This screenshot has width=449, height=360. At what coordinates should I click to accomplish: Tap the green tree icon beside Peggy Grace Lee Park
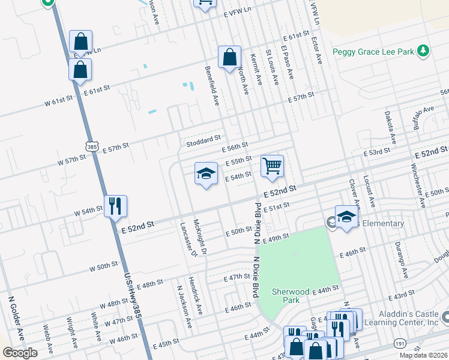(424, 51)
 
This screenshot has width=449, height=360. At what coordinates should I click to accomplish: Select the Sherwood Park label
(290, 296)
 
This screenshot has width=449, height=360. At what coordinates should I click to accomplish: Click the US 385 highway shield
(91, 146)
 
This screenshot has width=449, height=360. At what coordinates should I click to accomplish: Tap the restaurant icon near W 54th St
(115, 206)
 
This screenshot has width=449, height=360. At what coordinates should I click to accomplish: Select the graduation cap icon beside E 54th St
(206, 174)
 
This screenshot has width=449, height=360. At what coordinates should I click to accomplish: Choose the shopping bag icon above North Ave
(229, 58)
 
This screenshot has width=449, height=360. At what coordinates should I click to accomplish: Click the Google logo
(20, 352)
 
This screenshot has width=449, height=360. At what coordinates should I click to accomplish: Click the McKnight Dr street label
(200, 237)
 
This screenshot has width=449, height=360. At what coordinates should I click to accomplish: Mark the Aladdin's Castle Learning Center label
(400, 319)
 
